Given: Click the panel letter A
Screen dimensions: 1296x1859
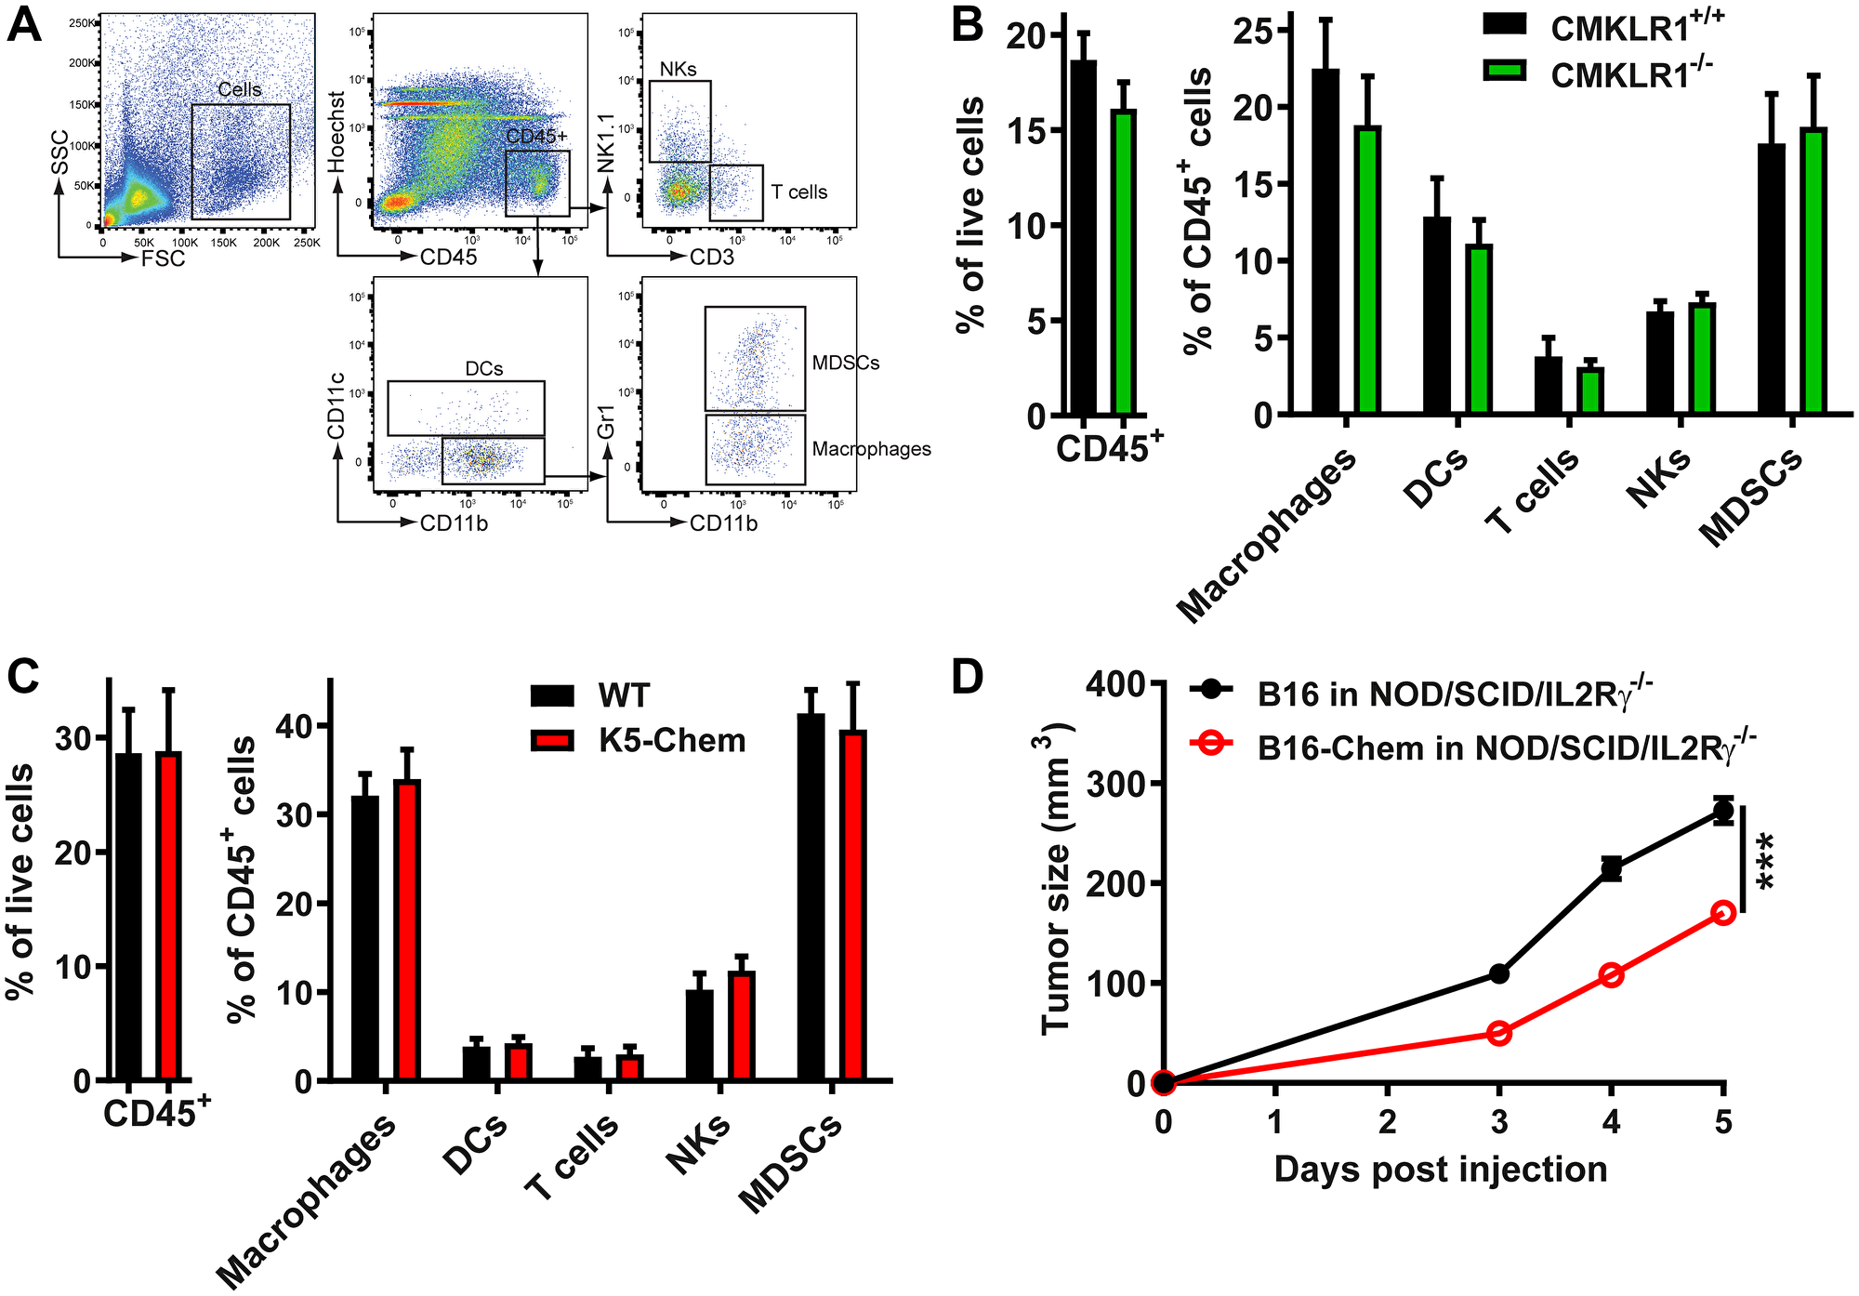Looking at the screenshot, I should pyautogui.click(x=24, y=25).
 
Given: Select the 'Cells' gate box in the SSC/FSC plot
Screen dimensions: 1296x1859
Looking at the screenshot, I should pyautogui.click(x=241, y=161).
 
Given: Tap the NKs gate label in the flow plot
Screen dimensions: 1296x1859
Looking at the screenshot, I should pyautogui.click(x=678, y=70).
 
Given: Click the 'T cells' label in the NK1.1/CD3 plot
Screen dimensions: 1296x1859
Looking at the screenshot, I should pyautogui.click(x=798, y=192).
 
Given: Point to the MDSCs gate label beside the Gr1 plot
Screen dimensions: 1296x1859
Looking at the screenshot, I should pyautogui.click(x=845, y=363).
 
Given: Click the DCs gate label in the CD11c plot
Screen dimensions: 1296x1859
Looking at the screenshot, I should pyautogui.click(x=483, y=369).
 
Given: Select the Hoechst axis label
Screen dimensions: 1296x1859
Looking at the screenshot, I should pyautogui.click(x=336, y=131).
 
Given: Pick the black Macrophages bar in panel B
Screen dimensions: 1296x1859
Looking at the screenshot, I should pyautogui.click(x=1325, y=242).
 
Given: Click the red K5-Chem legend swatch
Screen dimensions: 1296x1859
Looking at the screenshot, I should pyautogui.click(x=553, y=741).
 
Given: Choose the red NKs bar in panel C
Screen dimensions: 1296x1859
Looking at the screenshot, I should pyautogui.click(x=742, y=1026).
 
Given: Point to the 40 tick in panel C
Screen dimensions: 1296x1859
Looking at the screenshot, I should pyautogui.click(x=296, y=725).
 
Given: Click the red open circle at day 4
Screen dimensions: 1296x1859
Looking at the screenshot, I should pyautogui.click(x=1612, y=975).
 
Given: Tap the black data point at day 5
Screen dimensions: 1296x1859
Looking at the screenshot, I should pyautogui.click(x=1723, y=812).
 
